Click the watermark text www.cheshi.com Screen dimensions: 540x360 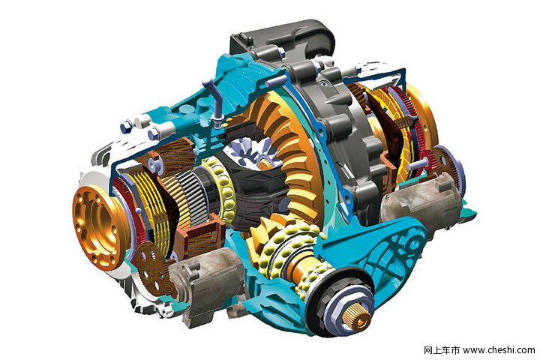point(499,350)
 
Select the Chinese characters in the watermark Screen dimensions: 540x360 point(442,350)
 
